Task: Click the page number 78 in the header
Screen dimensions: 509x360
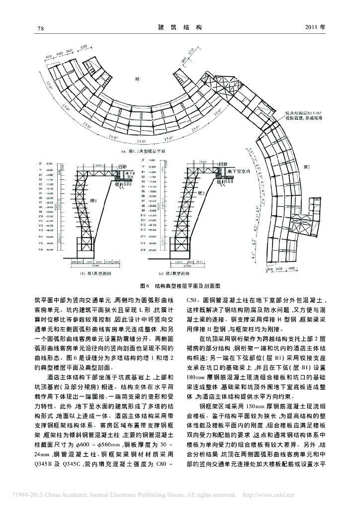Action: click(41, 28)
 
